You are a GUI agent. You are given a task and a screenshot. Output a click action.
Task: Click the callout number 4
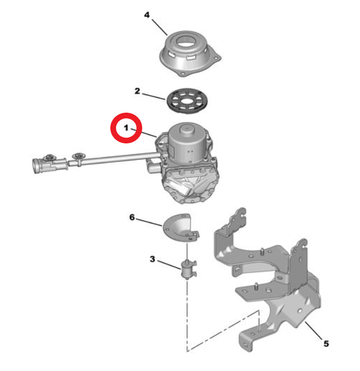coord(147,15)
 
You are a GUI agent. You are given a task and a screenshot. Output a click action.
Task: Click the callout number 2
coord(137,91)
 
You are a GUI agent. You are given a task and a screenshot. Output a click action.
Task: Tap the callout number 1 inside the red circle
coord(126,128)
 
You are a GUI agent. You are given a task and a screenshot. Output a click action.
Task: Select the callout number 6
coord(132,217)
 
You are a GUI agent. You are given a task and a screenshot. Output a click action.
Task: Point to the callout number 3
coord(152,259)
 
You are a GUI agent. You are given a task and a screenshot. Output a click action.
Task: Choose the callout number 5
coord(326,344)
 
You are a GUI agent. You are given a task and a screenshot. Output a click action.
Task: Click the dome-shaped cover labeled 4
coord(190,53)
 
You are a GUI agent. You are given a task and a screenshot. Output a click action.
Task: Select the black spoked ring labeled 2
coord(187,101)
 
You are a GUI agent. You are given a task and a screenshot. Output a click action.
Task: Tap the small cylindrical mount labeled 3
coord(188,269)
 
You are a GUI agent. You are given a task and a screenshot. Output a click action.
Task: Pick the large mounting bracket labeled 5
coord(267,279)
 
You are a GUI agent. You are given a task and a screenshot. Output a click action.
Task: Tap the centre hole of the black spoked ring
coord(188,101)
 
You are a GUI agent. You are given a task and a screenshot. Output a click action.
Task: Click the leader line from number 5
coord(313,331)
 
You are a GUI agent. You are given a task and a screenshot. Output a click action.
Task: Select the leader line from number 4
coord(160,27)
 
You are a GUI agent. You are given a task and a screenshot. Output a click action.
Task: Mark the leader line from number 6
coord(149,222)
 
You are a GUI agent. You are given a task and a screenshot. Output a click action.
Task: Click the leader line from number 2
coord(154,97)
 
